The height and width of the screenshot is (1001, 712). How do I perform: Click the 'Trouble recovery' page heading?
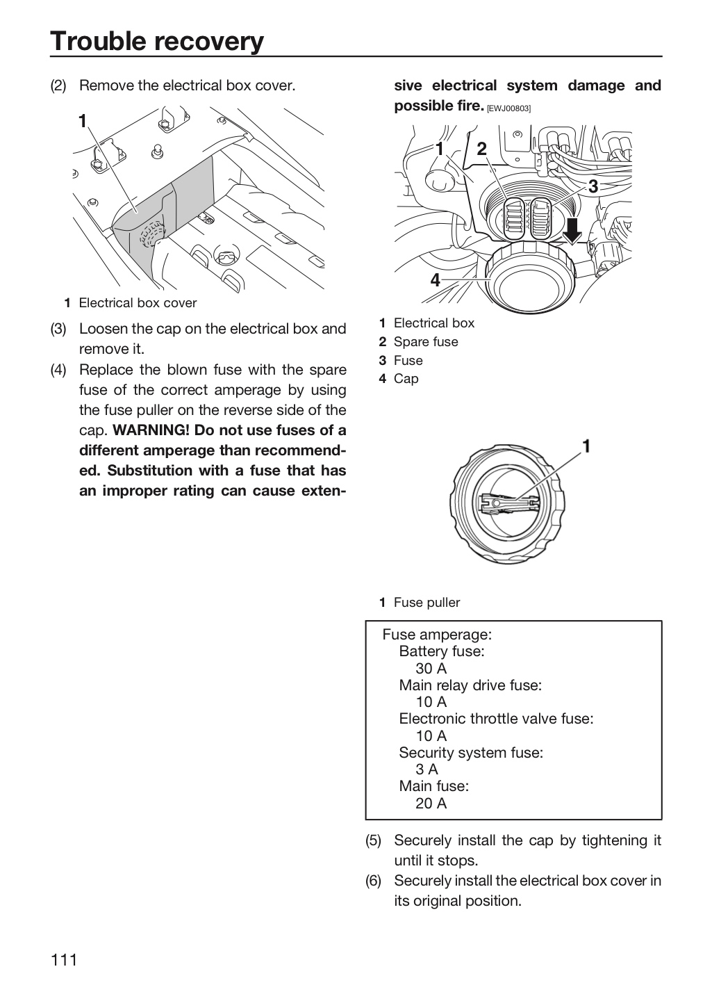coord(157,41)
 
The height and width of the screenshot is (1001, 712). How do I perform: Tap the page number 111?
coord(65,960)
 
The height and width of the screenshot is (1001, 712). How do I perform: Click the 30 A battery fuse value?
coord(431,669)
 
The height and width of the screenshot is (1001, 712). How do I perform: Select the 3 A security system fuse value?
coord(427,770)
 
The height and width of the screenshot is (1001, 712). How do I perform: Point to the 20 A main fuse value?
coord(431,804)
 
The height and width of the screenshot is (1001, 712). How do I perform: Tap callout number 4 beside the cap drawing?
coord(435,280)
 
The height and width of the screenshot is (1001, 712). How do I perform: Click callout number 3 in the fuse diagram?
coord(593,186)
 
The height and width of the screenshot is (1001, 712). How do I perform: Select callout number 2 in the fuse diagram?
coord(481,149)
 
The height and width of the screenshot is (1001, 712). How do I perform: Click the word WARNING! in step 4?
coord(151,430)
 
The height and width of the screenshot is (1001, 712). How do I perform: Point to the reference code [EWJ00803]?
coord(508,108)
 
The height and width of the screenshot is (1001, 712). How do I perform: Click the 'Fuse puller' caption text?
coord(427,603)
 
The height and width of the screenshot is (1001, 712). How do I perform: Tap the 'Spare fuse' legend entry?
coord(426,342)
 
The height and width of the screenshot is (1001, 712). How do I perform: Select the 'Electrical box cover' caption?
coord(138,303)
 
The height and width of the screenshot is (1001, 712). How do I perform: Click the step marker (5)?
coord(373,840)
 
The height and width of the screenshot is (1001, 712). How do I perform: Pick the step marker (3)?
coord(58,329)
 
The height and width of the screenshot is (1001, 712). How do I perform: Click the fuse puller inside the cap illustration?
coord(508,503)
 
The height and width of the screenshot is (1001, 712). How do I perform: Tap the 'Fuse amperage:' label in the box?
coord(437,635)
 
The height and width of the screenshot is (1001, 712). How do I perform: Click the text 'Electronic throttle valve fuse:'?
coord(496,719)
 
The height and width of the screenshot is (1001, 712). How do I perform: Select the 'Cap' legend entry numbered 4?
coord(406,379)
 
